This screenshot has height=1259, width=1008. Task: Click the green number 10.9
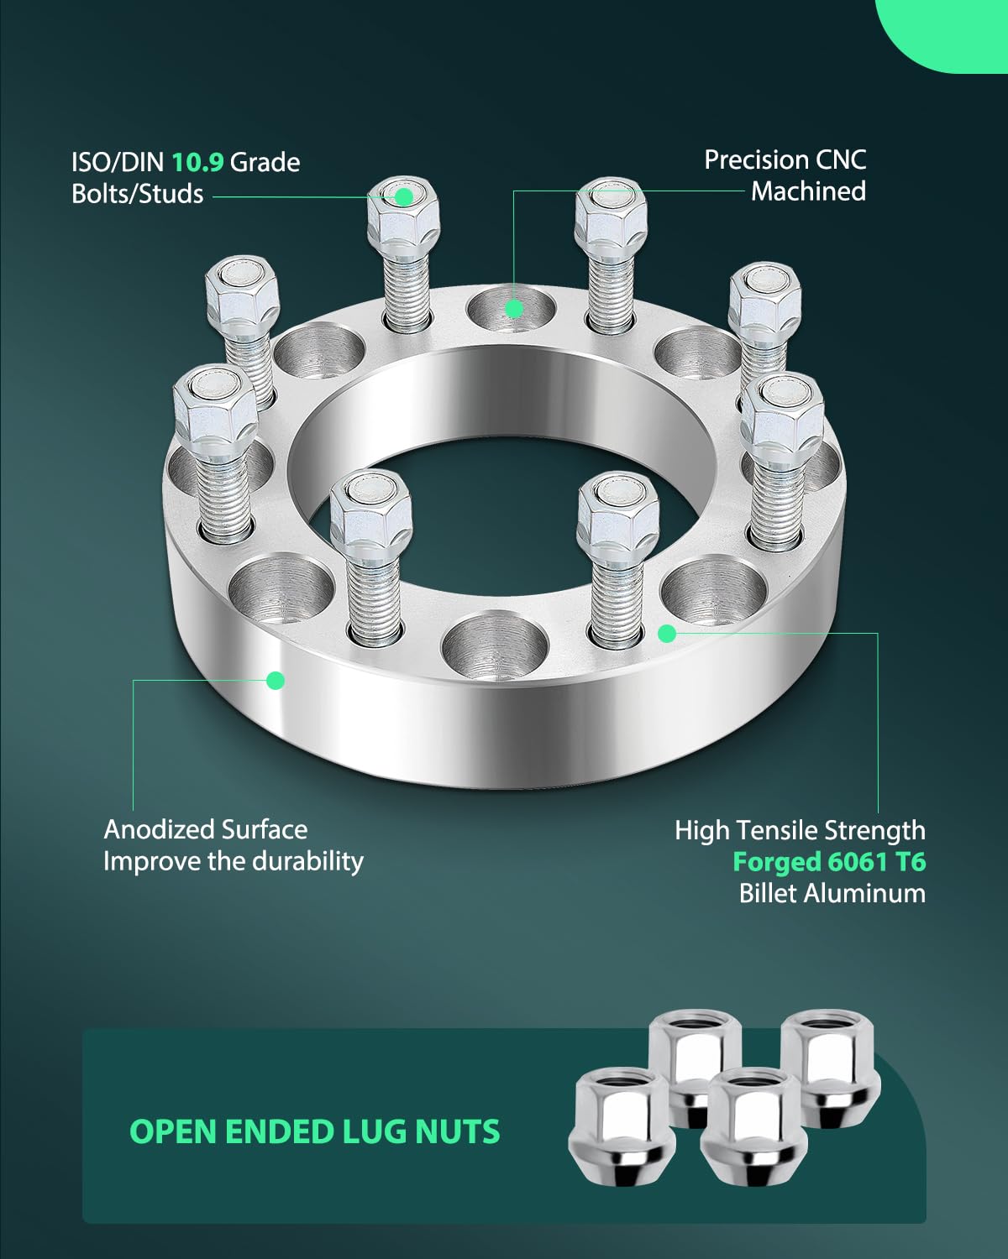coord(197,161)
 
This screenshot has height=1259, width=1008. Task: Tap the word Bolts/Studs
coord(137,194)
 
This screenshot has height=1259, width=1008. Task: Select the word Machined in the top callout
coord(808,191)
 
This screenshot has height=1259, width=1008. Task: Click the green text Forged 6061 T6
coord(829,861)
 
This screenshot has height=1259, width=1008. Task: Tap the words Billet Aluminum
coord(832,893)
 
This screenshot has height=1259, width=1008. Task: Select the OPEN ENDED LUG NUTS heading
coord(314,1131)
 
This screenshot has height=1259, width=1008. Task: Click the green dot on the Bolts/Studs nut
coord(404,196)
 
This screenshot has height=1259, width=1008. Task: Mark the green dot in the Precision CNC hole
coord(514,309)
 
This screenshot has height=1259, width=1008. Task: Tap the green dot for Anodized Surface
coord(275,680)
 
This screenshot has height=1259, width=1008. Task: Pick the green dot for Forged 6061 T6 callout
coord(667,633)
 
